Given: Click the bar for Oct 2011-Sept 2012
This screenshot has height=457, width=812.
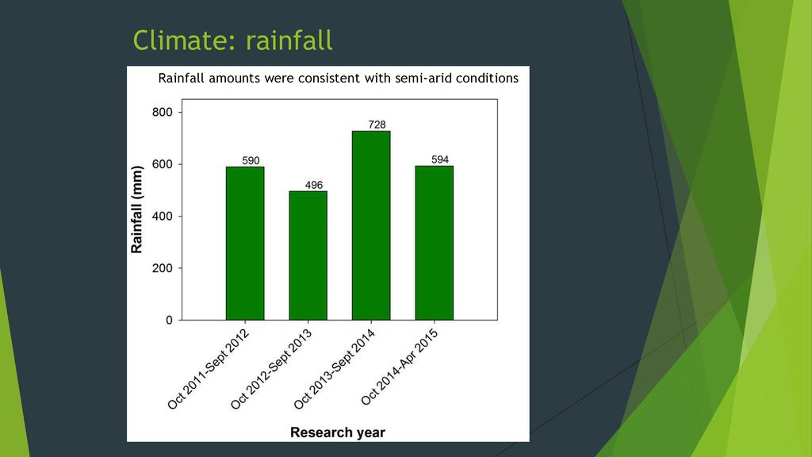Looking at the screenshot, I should click(x=245, y=243).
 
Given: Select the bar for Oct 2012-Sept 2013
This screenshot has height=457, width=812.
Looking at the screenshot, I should click(x=308, y=255).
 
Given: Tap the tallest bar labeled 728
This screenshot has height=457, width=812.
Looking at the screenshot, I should click(x=371, y=225).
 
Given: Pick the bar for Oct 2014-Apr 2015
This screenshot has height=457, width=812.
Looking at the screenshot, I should click(x=434, y=243).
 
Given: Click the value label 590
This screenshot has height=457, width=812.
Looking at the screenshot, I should click(x=251, y=160).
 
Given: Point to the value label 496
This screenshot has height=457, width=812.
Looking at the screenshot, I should click(x=315, y=185).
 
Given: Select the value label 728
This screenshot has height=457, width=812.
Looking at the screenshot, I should click(x=377, y=125).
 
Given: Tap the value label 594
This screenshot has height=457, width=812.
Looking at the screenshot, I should click(x=440, y=159).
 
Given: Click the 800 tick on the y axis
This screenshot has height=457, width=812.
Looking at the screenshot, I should click(x=162, y=113).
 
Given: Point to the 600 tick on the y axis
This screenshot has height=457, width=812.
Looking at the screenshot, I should click(x=162, y=164).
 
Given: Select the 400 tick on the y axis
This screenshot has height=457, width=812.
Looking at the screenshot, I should click(x=162, y=217).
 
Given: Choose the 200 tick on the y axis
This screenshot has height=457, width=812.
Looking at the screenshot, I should click(x=162, y=268).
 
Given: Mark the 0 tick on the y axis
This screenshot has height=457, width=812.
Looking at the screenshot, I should click(x=168, y=321).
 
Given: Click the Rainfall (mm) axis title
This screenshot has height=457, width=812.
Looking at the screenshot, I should click(x=137, y=209).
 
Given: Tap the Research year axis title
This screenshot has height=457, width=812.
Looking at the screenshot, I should click(x=338, y=432).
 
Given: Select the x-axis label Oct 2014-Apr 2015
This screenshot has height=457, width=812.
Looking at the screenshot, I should click(x=400, y=366).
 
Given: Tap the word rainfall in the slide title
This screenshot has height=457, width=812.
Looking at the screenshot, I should click(x=289, y=40).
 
